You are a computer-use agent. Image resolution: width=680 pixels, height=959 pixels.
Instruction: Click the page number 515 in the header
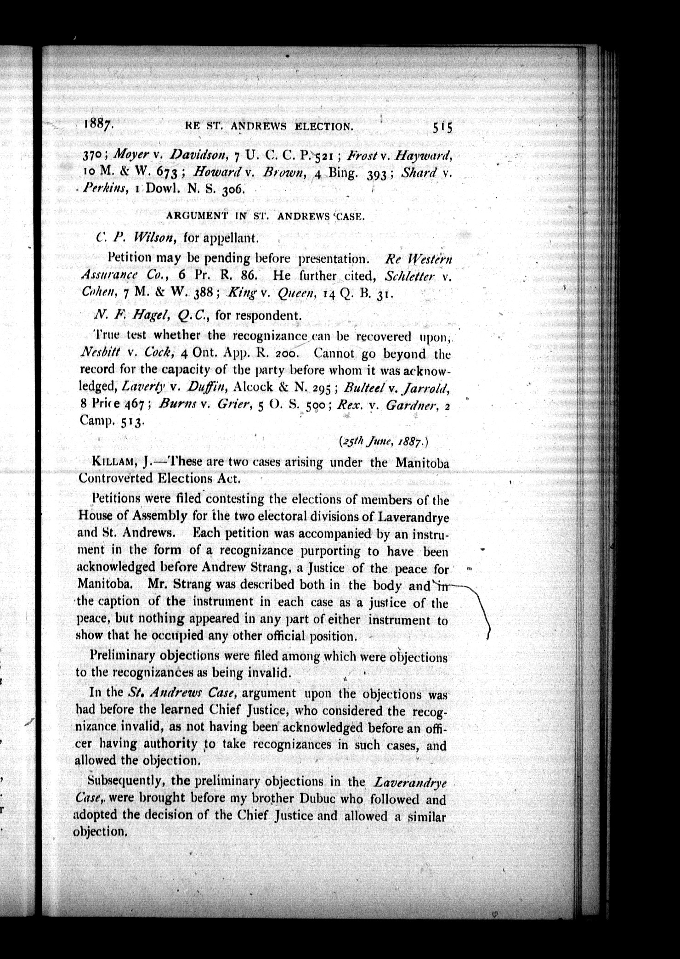pyautogui.click(x=442, y=127)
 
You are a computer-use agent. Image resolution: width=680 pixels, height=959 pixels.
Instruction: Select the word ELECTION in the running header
pyautogui.click(x=324, y=126)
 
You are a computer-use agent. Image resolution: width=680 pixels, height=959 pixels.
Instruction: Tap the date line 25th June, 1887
pyautogui.click(x=383, y=442)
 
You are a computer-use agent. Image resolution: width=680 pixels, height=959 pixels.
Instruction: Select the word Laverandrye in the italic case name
pyautogui.click(x=411, y=782)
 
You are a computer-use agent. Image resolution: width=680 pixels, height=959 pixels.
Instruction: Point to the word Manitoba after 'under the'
pyautogui.click(x=422, y=463)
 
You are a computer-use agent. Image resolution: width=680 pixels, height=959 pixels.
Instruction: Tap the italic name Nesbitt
pyautogui.click(x=100, y=352)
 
